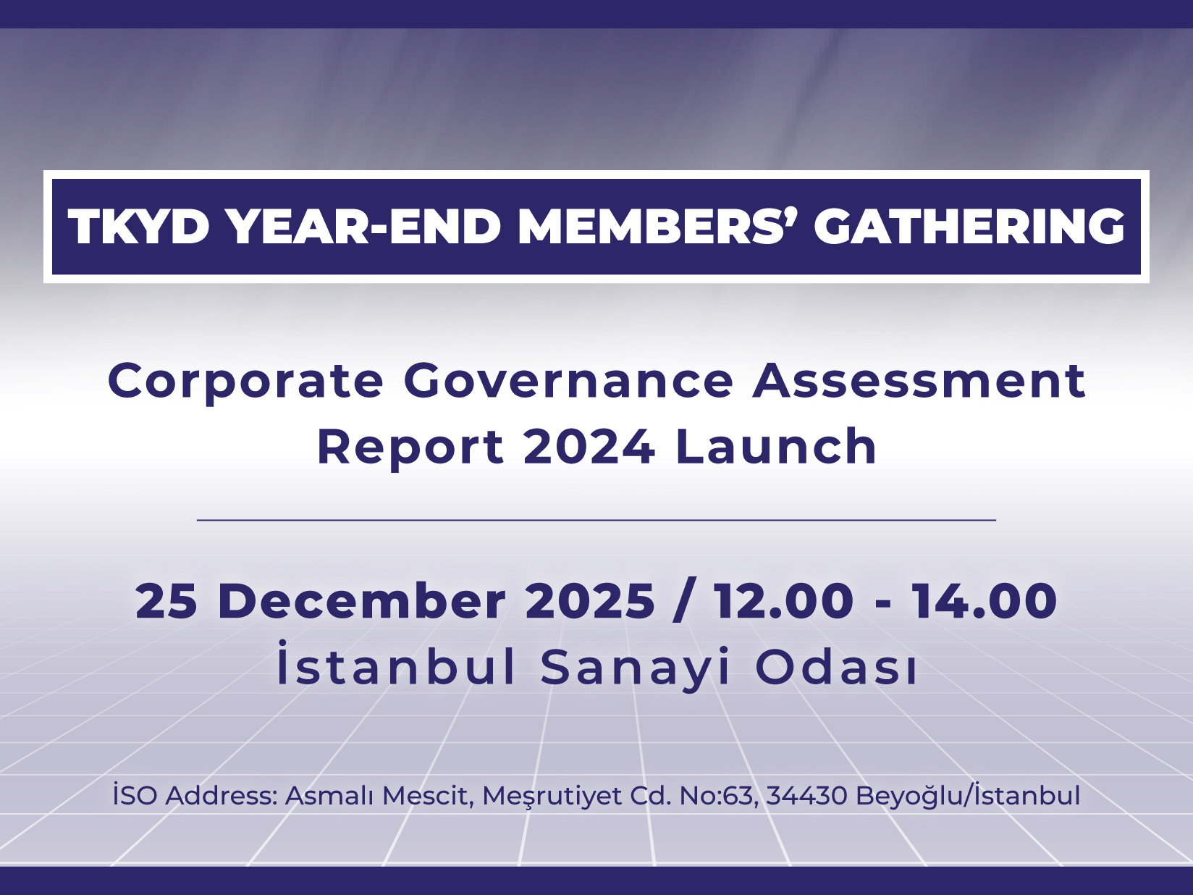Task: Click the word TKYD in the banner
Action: (138, 227)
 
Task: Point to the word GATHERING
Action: (969, 227)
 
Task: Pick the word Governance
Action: (568, 381)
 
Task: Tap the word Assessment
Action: (919, 381)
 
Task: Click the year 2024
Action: (589, 446)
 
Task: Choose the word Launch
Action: (775, 446)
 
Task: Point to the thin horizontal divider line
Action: (596, 520)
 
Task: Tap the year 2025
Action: (590, 600)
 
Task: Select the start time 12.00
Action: (783, 600)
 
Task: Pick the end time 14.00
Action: (985, 600)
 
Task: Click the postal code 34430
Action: (806, 796)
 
